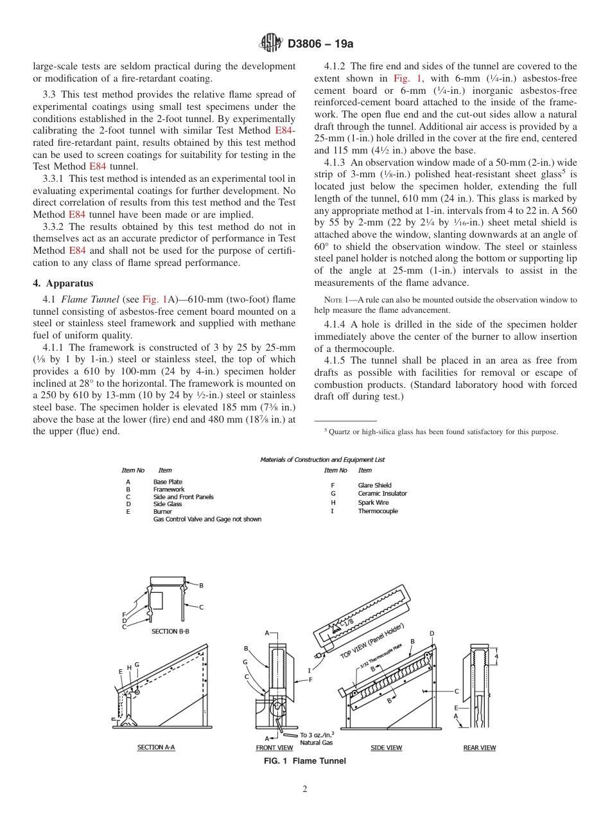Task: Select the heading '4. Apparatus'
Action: [x=63, y=283]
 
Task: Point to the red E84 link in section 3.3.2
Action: [x=78, y=250]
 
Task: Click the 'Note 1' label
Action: [x=335, y=300]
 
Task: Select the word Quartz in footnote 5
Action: [x=340, y=432]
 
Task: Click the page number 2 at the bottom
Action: [x=305, y=789]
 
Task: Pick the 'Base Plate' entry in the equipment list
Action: [x=168, y=482]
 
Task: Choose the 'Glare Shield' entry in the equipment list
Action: [x=374, y=486]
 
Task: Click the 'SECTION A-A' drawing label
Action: [x=156, y=748]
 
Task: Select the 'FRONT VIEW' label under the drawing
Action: [x=274, y=748]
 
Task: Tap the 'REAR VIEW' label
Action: [x=480, y=748]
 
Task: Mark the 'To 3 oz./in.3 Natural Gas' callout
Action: [x=316, y=739]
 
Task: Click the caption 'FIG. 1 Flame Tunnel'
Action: [x=305, y=761]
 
